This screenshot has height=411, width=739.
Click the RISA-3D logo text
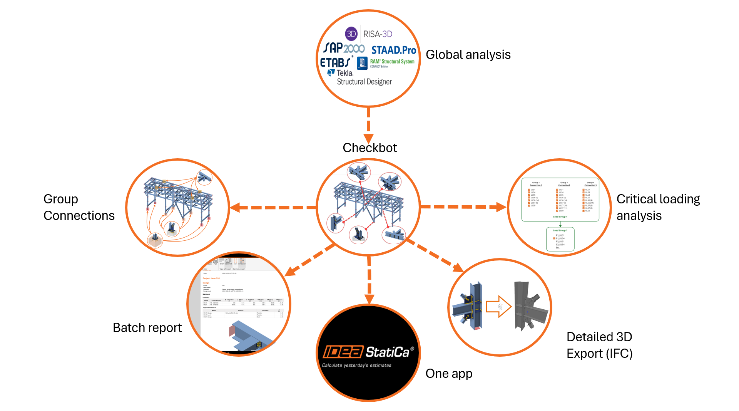coord(377,34)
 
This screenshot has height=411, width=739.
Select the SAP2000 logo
coord(344,49)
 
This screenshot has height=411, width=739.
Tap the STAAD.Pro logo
coord(393,50)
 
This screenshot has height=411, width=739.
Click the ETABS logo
coord(335,62)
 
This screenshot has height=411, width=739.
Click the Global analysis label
coord(468,55)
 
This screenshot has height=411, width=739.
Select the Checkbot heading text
coord(369,148)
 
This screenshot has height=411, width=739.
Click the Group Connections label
coord(79,207)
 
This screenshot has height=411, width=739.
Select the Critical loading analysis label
coord(658,207)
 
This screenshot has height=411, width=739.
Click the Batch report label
coord(147,328)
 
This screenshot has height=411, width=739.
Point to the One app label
coord(449,374)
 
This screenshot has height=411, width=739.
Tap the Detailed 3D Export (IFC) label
coord(599,345)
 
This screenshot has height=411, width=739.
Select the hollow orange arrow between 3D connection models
coord(498,306)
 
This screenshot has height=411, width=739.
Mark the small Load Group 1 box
coord(560,239)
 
